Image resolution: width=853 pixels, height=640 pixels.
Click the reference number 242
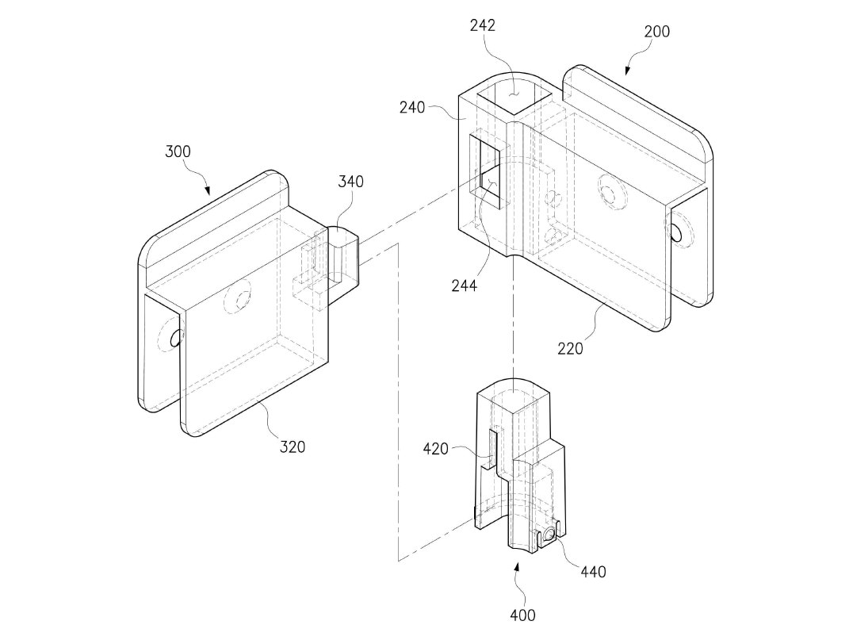tap(483, 25)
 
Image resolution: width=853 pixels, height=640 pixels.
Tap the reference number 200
tap(656, 32)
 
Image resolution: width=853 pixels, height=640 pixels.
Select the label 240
tap(411, 108)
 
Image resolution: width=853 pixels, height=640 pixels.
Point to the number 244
tap(464, 286)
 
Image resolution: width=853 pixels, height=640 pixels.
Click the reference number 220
tap(570, 348)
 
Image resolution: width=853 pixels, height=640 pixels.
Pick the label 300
tap(178, 151)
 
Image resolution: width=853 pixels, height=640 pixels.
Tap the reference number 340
tap(350, 182)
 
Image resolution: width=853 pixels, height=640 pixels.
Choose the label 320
tap(293, 446)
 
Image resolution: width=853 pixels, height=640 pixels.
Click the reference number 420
tap(436, 449)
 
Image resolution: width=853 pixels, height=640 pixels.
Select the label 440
tap(593, 572)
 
